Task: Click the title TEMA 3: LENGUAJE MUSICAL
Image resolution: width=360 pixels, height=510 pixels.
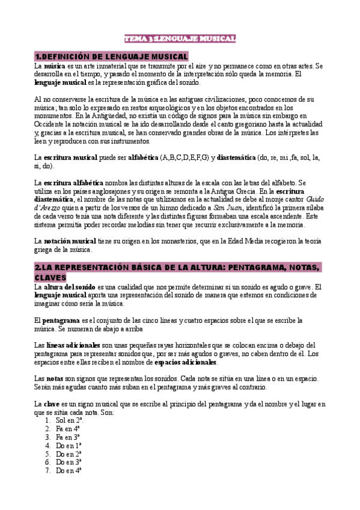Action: tap(180, 38)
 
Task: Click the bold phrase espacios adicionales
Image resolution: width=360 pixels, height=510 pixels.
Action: tap(185, 362)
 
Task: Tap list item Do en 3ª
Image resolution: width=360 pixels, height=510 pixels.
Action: tap(69, 462)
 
